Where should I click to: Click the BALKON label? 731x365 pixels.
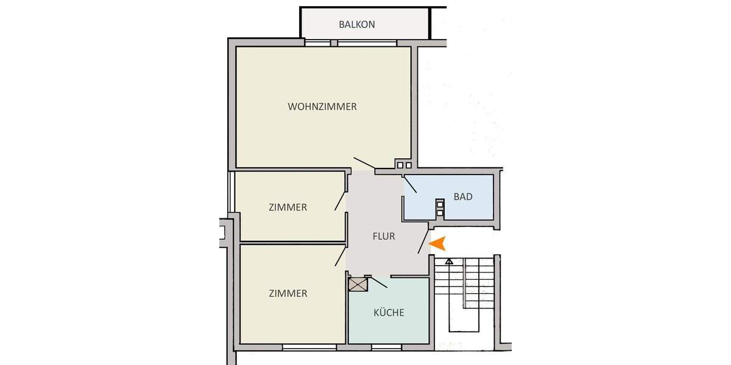coord(356,25)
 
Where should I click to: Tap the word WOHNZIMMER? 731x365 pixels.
coord(322,106)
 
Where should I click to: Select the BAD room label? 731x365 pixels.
coord(463,197)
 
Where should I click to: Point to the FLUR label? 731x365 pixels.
coord(384,237)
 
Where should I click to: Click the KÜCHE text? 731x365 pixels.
coord(389,313)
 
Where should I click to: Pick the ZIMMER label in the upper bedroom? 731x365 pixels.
coord(288,207)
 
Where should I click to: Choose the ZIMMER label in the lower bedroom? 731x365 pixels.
coord(288,293)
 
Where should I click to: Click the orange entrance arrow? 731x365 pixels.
coord(439,243)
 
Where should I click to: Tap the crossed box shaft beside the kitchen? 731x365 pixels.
coord(356,283)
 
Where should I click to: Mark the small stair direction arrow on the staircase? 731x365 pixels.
coord(449,262)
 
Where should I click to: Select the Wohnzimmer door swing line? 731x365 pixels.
coord(365,164)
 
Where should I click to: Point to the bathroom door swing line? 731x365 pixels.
coord(409,184)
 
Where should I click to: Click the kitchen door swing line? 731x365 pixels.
coord(379,282)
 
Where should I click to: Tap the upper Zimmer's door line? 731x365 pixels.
coord(340,200)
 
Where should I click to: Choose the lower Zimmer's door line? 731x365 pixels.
coord(340,257)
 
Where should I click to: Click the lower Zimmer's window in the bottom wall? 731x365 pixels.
coord(309,347)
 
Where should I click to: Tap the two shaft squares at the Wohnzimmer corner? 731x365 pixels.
coord(404,164)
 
